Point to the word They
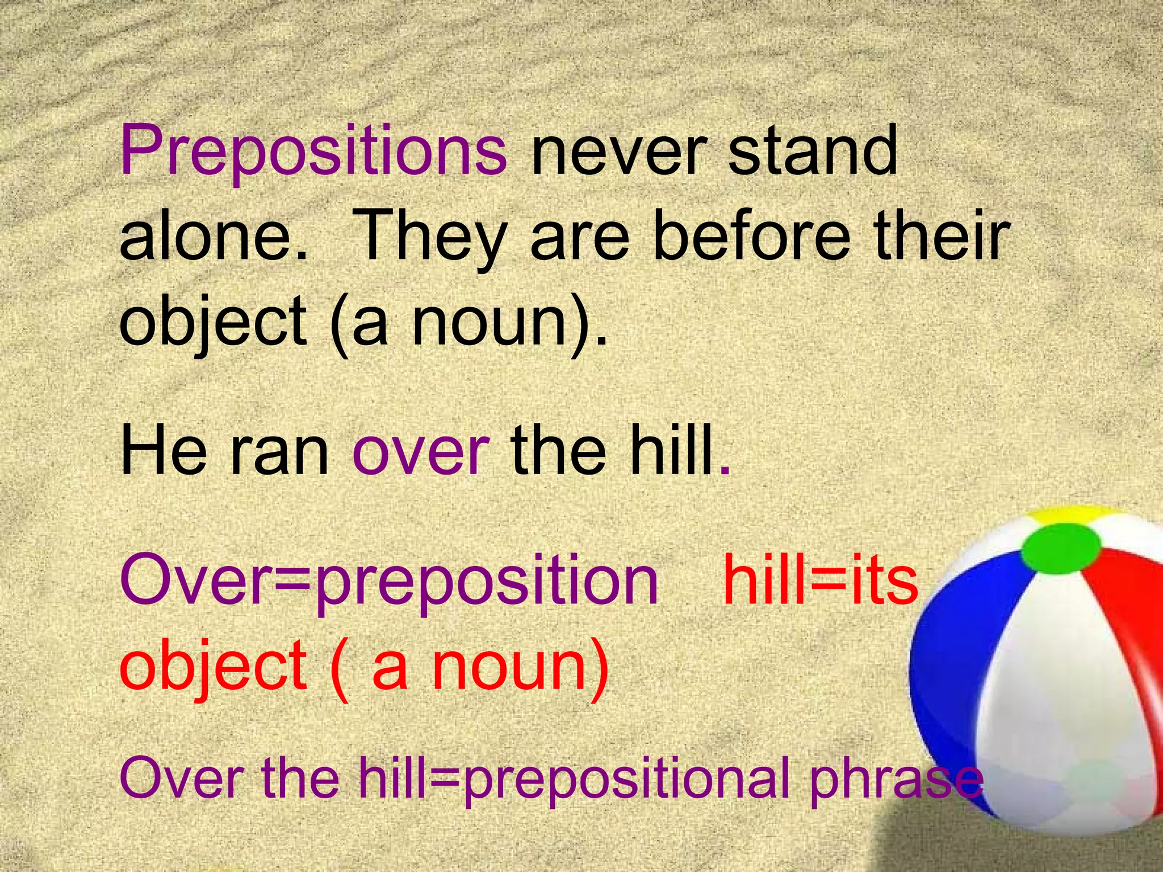432,238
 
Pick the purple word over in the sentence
421,454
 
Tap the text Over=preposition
390,582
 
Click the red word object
213,668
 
